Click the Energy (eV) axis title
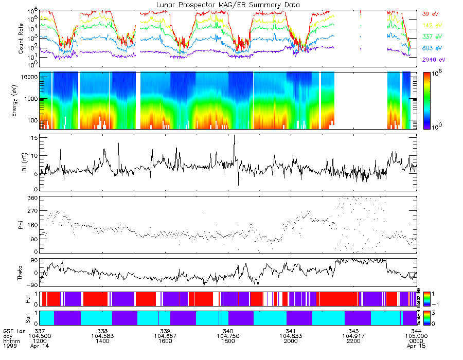(21, 100)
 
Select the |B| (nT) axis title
(21, 162)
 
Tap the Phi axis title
(21, 224)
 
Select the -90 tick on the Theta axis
(31, 285)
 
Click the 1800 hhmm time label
(228, 341)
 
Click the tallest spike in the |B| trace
(234, 136)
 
